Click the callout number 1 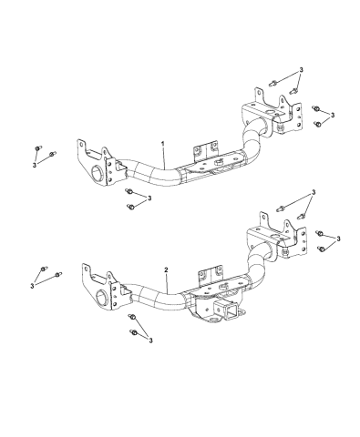[163, 144]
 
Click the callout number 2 [166, 269]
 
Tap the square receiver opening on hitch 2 [231, 310]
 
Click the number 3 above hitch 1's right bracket [301, 70]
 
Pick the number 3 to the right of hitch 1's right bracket [333, 115]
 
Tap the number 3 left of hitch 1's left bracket [35, 165]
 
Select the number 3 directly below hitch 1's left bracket [149, 198]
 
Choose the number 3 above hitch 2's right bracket [314, 192]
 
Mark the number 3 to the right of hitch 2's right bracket [338, 239]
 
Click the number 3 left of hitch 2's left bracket [32, 286]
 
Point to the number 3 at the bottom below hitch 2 [150, 340]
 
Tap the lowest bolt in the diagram [133, 332]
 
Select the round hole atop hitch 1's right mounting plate [270, 112]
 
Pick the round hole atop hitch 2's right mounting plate [276, 236]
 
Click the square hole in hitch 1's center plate [218, 163]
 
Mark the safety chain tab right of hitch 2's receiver [241, 311]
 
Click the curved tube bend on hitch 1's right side [253, 143]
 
